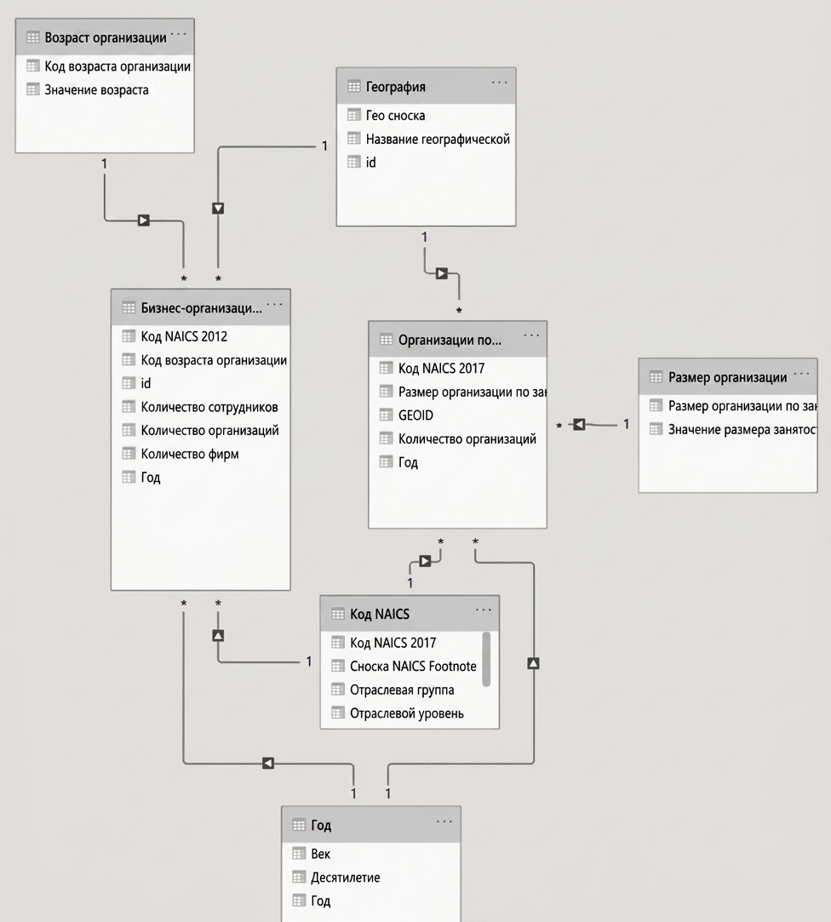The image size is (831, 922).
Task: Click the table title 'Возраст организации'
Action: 106,37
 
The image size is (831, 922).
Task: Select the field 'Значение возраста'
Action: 96,90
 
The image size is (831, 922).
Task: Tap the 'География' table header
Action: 395,87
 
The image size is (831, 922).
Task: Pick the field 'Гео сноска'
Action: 395,115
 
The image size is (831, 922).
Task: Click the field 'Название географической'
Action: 438,140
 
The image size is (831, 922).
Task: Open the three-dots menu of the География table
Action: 499,83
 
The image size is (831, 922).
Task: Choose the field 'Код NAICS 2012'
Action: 184,336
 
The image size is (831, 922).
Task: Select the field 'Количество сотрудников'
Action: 209,407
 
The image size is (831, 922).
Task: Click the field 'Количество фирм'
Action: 189,454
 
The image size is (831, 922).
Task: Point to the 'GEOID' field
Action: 415,415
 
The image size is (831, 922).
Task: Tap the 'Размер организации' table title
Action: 727,377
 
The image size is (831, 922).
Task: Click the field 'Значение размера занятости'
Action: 742,430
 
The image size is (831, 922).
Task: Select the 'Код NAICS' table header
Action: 380,615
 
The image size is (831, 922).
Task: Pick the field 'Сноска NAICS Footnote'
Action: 413,667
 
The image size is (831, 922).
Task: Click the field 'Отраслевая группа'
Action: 402,690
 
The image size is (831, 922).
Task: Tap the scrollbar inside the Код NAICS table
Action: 486,659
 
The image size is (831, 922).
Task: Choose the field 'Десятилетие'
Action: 345,878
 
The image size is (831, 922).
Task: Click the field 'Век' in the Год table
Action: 320,854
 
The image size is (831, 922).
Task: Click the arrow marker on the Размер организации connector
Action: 579,424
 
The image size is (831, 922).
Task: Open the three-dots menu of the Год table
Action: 444,822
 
